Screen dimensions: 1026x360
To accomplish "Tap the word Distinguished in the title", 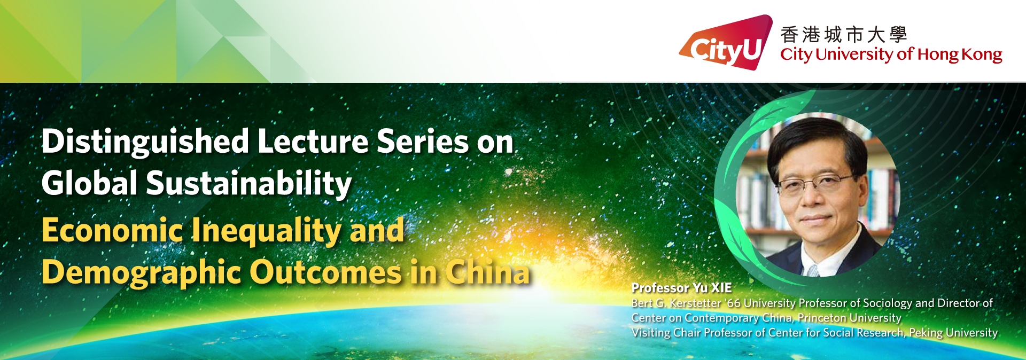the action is coord(145,143).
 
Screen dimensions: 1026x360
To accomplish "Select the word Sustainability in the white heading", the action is coord(249,183).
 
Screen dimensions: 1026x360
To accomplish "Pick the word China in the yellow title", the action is coord(487,272).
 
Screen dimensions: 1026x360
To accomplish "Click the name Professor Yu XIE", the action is coord(681,288).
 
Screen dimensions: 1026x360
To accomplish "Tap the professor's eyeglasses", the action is coord(816,183).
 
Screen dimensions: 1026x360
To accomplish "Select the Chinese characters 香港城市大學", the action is coord(843,35).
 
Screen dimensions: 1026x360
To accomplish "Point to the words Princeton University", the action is coord(849,318).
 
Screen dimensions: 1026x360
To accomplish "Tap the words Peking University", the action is coord(953,333).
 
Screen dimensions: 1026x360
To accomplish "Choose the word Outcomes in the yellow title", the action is coord(325,272).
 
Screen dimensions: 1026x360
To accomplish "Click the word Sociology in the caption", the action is coord(888,303).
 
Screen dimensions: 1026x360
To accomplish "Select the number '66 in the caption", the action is coord(733,303).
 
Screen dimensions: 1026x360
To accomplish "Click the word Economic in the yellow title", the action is coord(112,230).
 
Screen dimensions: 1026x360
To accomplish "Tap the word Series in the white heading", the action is coord(423,142).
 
